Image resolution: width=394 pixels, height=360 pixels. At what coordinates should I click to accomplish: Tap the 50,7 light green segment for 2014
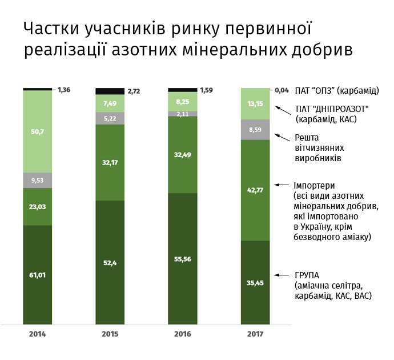(38, 131)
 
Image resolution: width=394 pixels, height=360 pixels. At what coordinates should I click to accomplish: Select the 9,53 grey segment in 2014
(38, 180)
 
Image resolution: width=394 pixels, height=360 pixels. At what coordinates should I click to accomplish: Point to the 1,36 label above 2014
(65, 90)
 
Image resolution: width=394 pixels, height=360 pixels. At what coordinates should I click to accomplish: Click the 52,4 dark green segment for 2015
(110, 262)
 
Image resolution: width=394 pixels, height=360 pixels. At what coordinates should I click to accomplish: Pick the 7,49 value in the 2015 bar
(110, 103)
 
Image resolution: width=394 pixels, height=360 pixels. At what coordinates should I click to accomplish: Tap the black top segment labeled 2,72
(110, 91)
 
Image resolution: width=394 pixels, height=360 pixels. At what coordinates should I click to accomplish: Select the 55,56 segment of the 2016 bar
(182, 258)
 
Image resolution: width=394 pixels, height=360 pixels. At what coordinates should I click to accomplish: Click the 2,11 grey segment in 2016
(182, 114)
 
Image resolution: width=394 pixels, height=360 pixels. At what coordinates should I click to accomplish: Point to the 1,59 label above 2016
(207, 90)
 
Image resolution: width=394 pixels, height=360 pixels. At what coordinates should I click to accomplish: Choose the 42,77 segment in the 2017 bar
(255, 190)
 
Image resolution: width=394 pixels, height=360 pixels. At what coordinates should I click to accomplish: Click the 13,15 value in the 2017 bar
(255, 103)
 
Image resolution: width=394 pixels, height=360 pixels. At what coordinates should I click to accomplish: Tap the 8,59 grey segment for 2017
(255, 130)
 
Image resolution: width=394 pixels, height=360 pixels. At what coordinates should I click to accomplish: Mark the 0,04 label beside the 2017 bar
(282, 90)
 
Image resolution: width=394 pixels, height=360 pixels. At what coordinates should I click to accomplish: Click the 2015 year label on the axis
(110, 333)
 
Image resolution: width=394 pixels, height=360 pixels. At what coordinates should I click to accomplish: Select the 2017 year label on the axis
(255, 333)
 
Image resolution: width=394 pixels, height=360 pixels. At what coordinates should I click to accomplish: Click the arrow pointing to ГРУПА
(281, 275)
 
